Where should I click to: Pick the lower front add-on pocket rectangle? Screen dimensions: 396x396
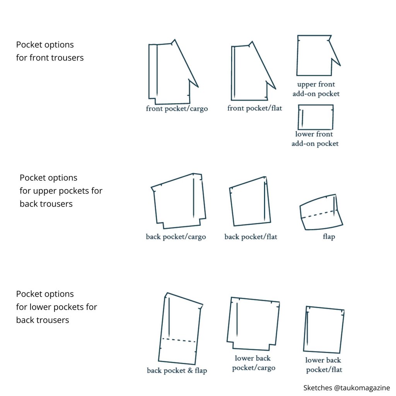(x=316, y=117)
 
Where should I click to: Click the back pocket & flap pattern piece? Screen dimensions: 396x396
(x=180, y=329)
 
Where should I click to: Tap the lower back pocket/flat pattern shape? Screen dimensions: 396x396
(x=324, y=329)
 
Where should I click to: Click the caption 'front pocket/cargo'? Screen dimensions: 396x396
(x=177, y=109)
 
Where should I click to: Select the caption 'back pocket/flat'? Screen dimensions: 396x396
(x=251, y=237)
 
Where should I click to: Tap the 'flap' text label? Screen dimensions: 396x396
(x=328, y=237)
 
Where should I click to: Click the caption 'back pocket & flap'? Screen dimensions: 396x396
(x=177, y=371)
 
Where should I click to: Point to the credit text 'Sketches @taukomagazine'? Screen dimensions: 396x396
(x=346, y=388)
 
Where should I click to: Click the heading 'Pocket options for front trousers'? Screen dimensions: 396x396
(x=50, y=51)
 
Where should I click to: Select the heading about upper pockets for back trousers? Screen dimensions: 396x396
(x=61, y=191)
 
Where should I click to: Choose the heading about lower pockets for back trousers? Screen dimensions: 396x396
(x=56, y=307)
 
